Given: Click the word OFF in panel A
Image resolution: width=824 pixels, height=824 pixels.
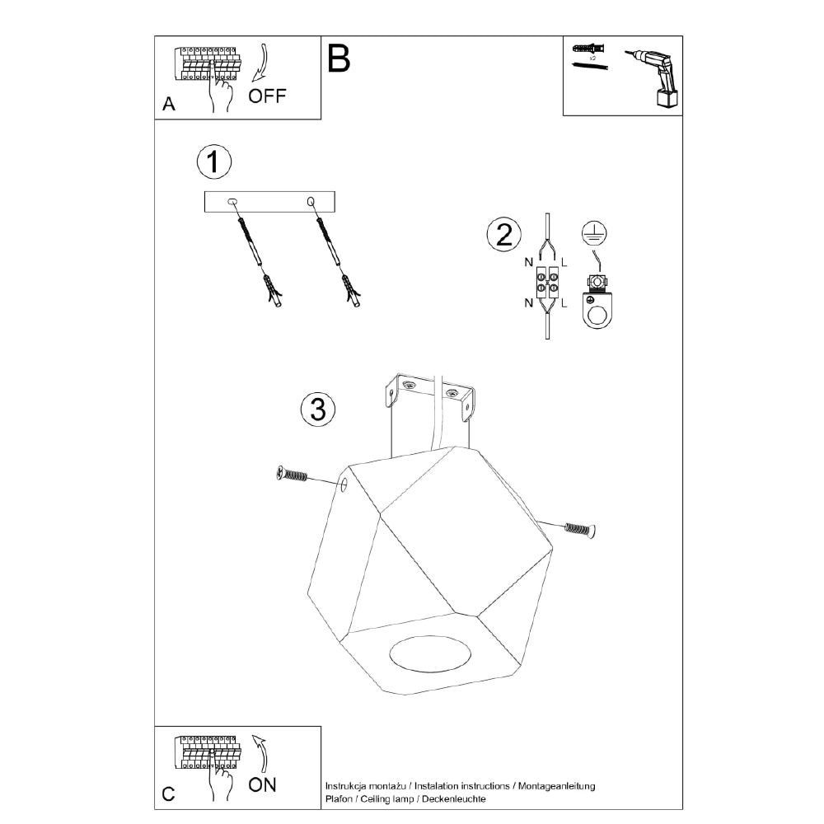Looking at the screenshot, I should pyautogui.click(x=268, y=96).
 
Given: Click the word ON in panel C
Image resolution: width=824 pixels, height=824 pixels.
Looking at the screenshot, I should pyautogui.click(x=263, y=784).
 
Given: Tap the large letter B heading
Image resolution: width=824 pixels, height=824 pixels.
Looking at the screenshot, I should pyautogui.click(x=339, y=59).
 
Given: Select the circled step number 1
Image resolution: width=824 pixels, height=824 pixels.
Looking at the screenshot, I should pyautogui.click(x=214, y=162).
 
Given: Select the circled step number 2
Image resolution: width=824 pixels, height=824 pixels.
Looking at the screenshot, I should pyautogui.click(x=501, y=235).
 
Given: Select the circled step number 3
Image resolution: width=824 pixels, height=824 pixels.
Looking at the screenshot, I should pyautogui.click(x=317, y=408).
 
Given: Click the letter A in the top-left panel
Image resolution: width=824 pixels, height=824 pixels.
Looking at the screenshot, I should pyautogui.click(x=168, y=105).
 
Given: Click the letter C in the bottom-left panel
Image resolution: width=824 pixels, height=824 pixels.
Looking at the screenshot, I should pyautogui.click(x=168, y=794).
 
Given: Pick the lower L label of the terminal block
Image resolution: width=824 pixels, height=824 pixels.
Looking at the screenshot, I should pyautogui.click(x=564, y=303).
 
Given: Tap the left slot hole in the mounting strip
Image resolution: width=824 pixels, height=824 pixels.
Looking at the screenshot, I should pyautogui.click(x=232, y=201).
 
